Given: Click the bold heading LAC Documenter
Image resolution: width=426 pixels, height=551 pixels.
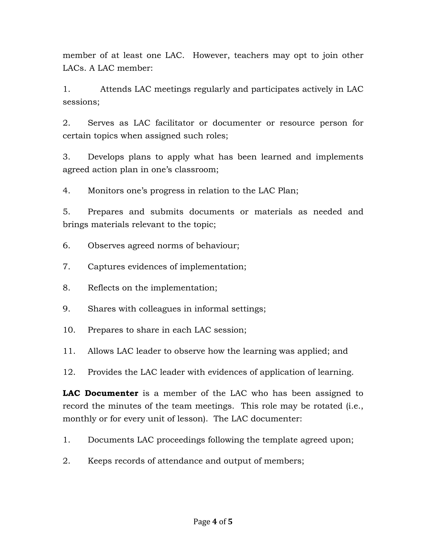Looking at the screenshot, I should [x=100, y=393].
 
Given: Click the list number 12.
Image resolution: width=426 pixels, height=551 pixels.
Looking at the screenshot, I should [x=69, y=372].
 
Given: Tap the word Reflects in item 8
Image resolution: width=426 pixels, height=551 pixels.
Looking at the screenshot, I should [x=103, y=288].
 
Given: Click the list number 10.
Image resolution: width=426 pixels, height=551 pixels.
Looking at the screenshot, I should [x=69, y=330].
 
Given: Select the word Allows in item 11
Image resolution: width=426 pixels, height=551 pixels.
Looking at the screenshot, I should [x=100, y=351].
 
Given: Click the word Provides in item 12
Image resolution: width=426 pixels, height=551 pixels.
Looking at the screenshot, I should [x=105, y=372].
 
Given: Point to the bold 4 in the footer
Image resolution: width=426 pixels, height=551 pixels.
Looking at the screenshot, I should [x=214, y=521].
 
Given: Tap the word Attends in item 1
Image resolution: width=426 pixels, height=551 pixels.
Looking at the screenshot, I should [x=116, y=89].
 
